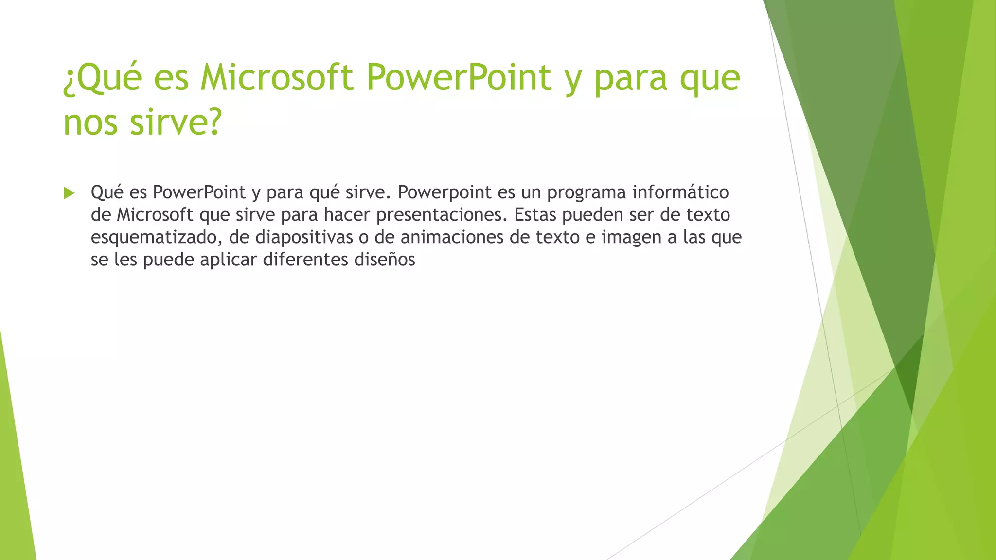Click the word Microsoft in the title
[277, 77]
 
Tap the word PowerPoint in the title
[459, 77]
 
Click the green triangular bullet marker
[69, 193]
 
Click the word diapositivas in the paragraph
[304, 238]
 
